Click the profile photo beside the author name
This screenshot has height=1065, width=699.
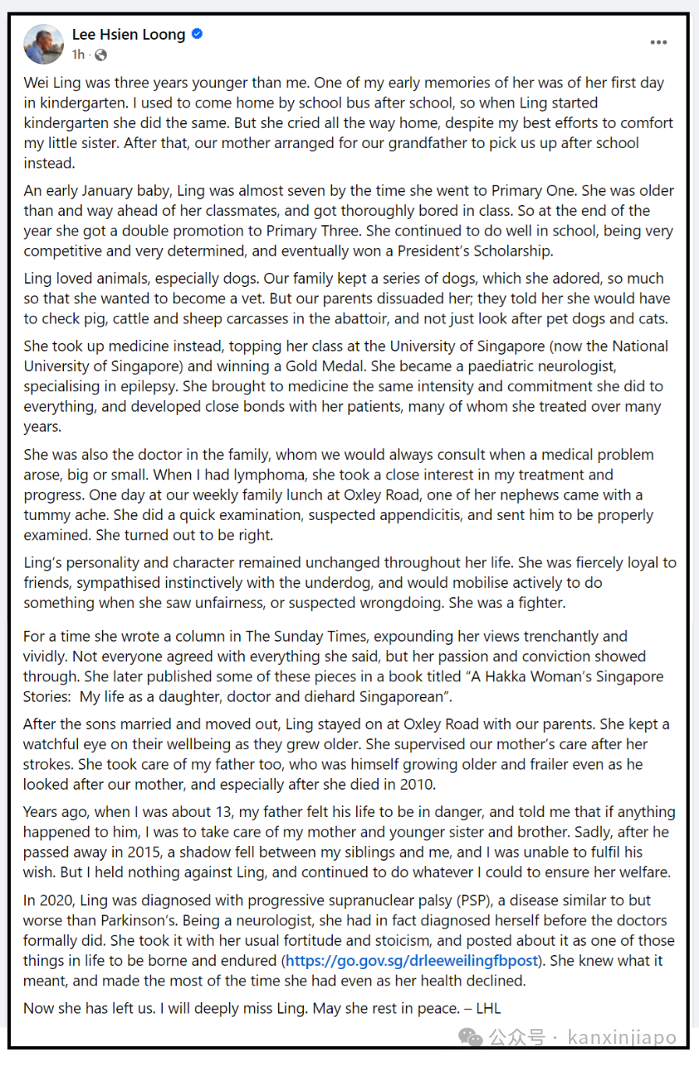tap(44, 44)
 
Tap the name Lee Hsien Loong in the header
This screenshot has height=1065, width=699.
tap(129, 34)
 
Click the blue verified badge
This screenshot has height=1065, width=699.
tap(197, 34)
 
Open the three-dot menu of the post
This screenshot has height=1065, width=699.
tap(658, 42)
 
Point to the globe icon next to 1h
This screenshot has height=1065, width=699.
tap(101, 55)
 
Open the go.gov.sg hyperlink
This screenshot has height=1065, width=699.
tap(411, 961)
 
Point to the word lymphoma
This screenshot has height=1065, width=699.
tap(270, 475)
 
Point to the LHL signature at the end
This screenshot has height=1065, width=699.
tap(488, 1008)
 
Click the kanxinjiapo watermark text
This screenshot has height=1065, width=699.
tap(622, 1038)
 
